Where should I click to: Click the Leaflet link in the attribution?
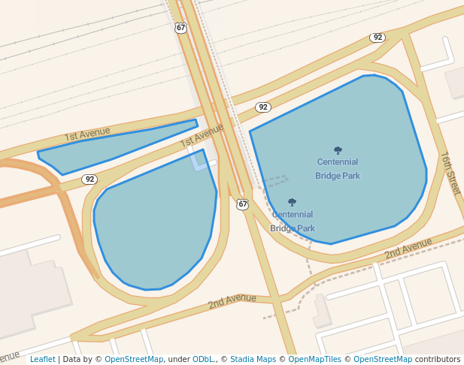click(42, 359)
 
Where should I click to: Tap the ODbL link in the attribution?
click(203, 359)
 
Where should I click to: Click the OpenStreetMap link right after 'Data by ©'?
click(133, 359)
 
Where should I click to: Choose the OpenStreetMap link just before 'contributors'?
click(383, 359)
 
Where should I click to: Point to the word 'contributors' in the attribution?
click(437, 359)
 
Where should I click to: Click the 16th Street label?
click(450, 173)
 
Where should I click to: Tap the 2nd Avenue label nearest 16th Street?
click(408, 249)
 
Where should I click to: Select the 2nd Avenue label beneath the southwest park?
click(232, 301)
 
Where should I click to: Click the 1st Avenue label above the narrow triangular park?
click(87, 134)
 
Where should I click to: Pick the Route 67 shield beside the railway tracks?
click(180, 28)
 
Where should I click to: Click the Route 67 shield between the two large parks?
click(242, 204)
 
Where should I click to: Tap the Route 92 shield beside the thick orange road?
click(89, 179)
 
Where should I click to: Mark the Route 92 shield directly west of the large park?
click(262, 107)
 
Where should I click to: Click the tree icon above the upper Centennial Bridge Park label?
click(338, 150)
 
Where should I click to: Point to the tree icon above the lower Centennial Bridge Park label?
click(292, 202)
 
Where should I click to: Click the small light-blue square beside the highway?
click(200, 160)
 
